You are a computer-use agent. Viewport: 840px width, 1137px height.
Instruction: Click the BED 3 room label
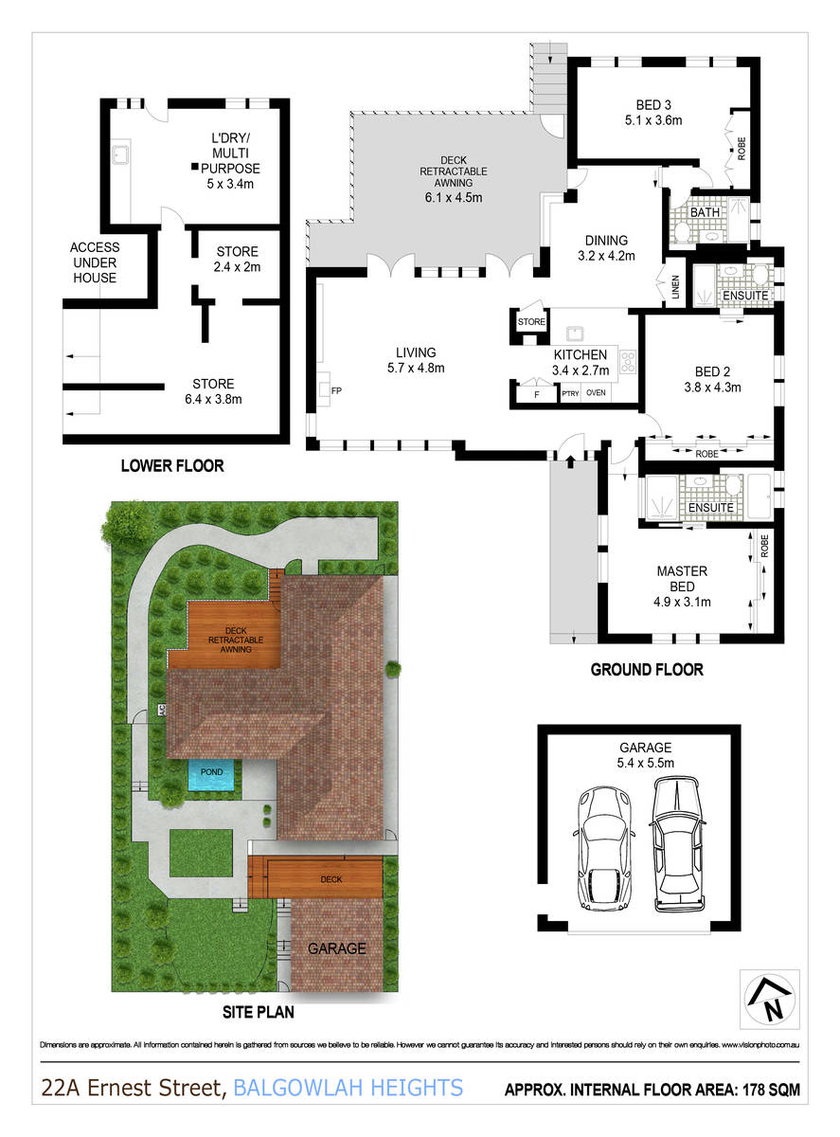pyautogui.click(x=654, y=105)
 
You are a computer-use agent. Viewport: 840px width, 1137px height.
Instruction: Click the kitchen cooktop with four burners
pyautogui.click(x=627, y=361)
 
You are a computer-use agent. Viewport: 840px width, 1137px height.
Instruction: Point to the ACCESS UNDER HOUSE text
pyautogui.click(x=93, y=262)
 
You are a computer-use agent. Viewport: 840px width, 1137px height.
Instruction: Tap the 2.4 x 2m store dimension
pyautogui.click(x=237, y=267)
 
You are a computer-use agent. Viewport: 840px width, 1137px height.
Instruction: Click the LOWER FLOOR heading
pyautogui.click(x=171, y=466)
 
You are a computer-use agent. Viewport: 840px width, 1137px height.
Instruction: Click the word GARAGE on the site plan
pyautogui.click(x=336, y=947)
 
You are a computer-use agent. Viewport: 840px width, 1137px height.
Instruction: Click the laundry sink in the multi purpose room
pyautogui.click(x=120, y=154)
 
